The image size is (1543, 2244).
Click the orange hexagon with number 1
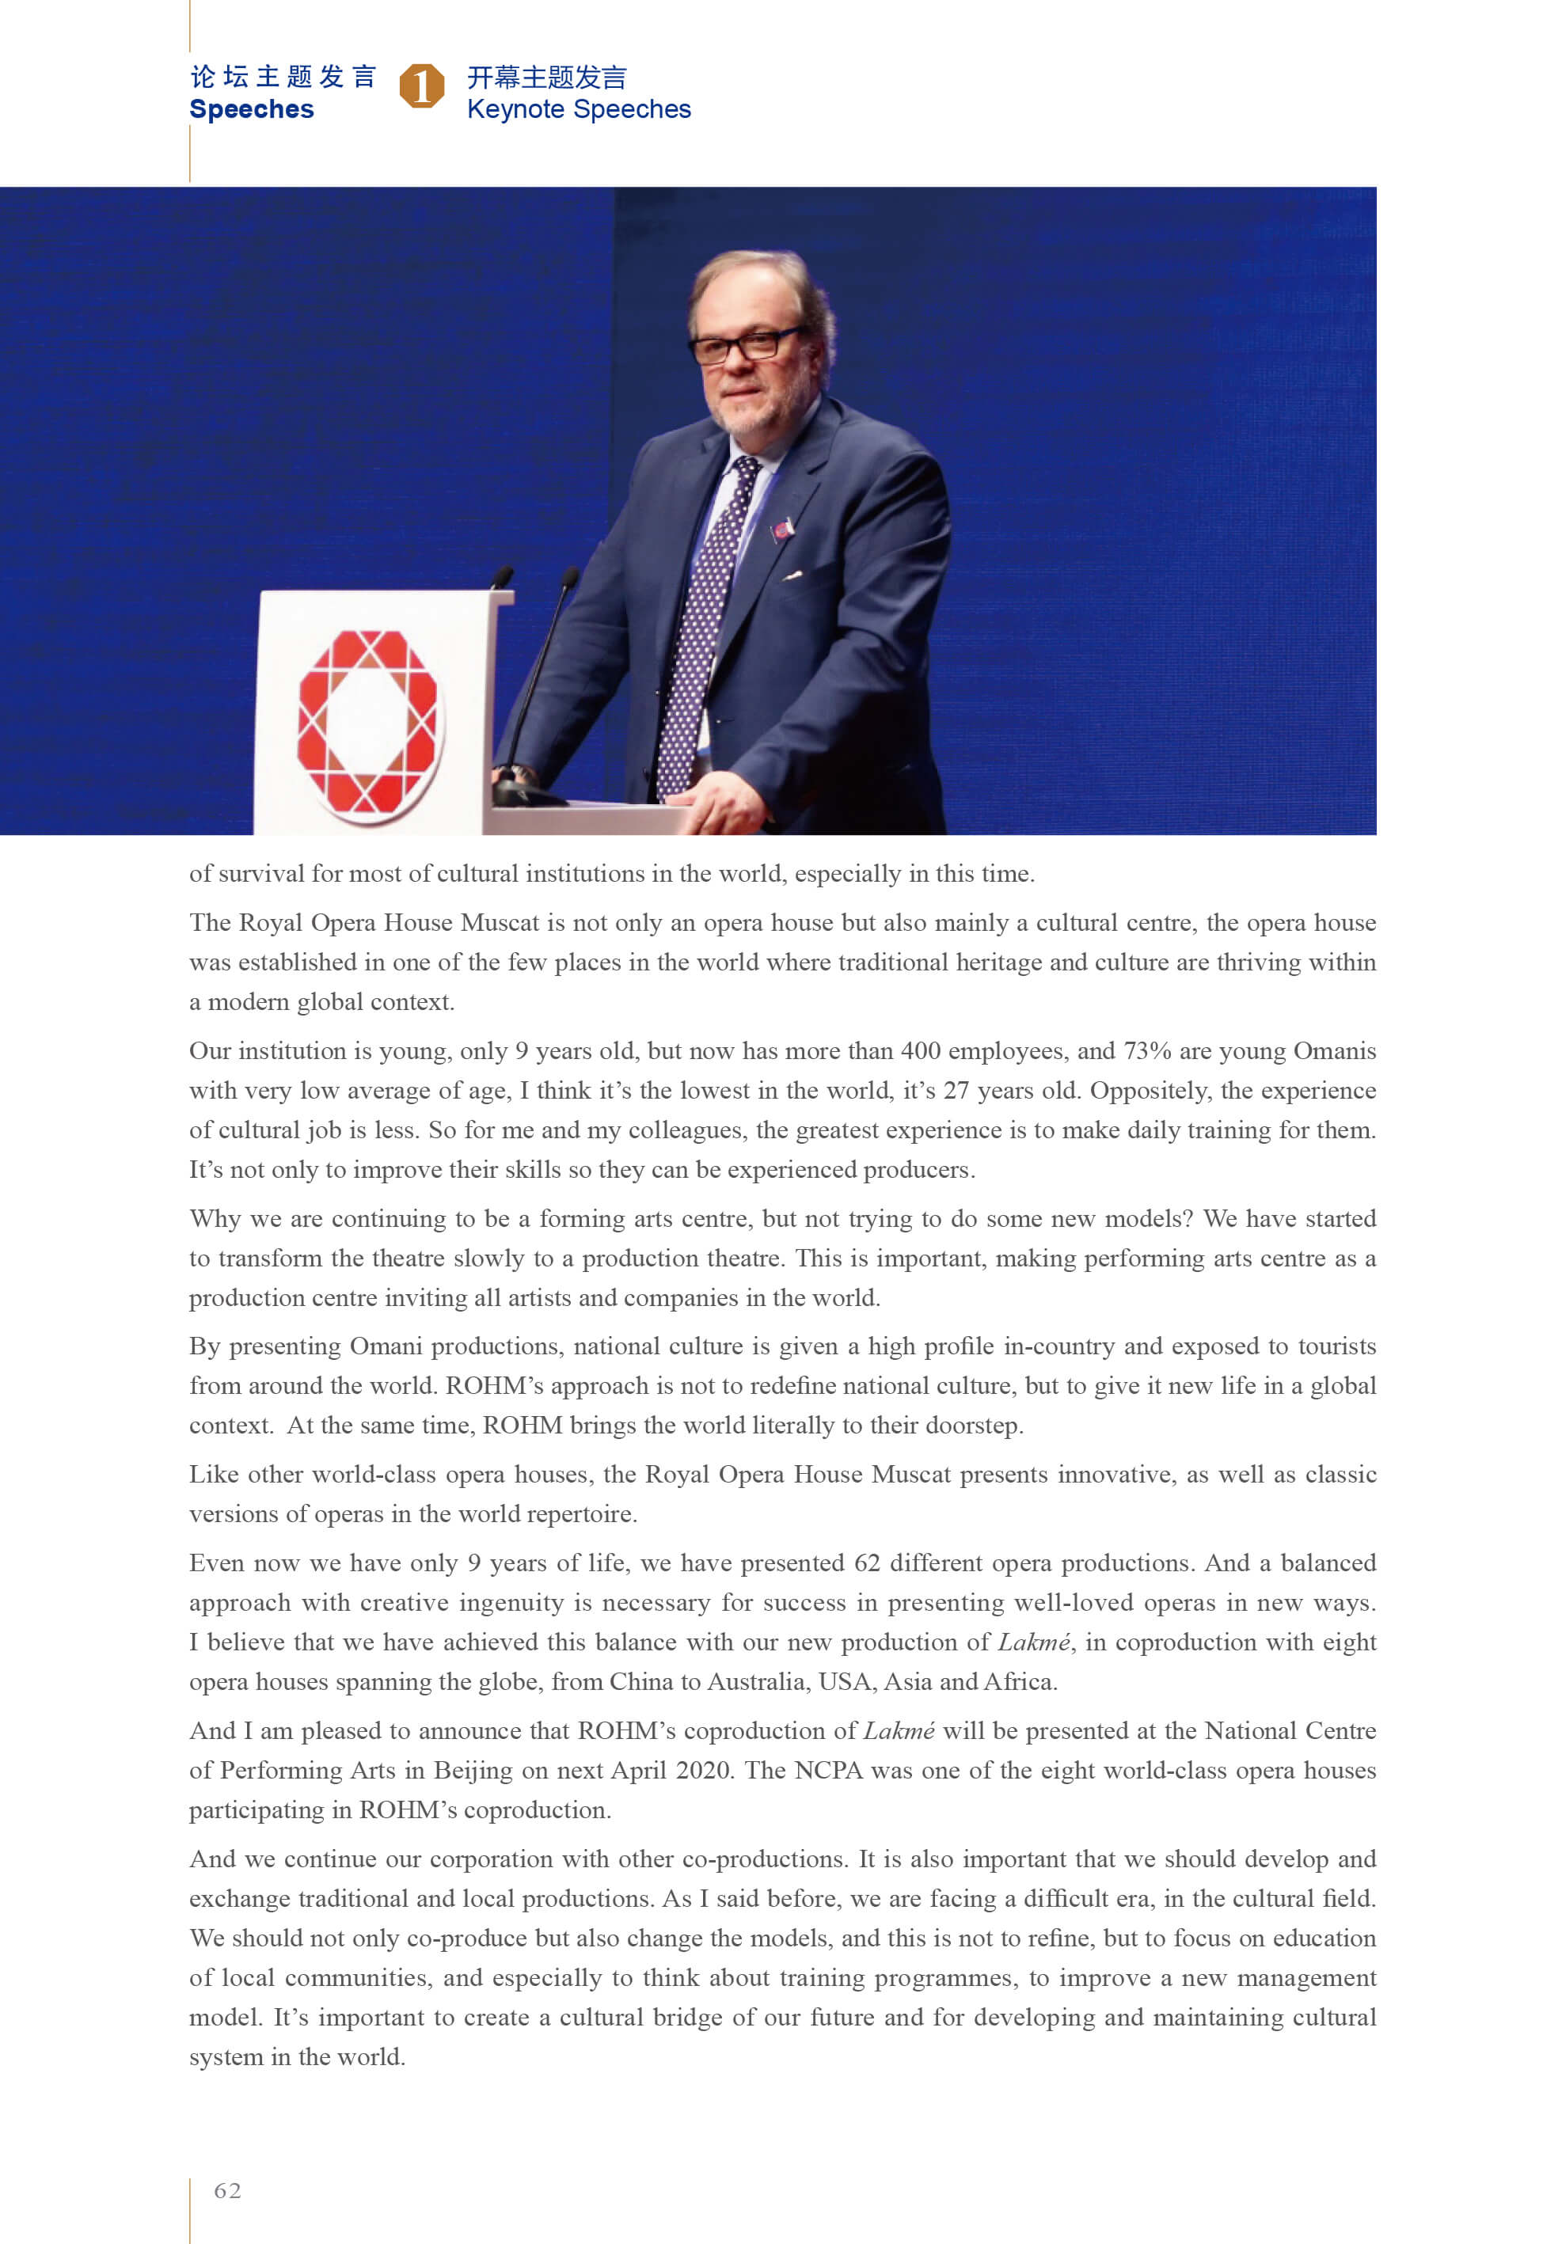click(x=421, y=86)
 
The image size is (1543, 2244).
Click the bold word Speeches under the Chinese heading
click(x=252, y=109)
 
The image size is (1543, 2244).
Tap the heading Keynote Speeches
click(x=578, y=109)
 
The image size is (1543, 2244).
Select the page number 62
click(x=227, y=2190)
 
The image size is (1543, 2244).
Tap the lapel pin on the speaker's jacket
click(x=781, y=529)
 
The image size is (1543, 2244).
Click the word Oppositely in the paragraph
click(x=1150, y=1090)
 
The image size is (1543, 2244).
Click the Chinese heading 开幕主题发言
click(x=546, y=78)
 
